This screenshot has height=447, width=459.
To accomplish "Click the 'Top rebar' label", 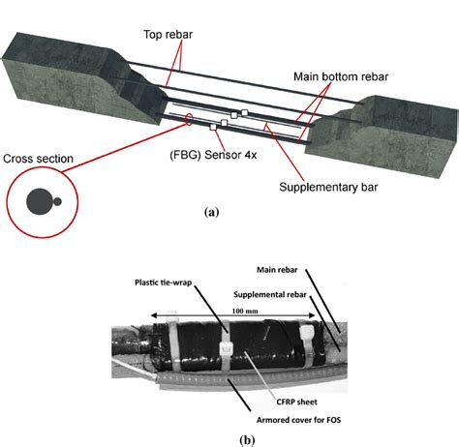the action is click(x=168, y=35).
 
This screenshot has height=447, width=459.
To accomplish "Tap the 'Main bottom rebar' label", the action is click(x=341, y=76).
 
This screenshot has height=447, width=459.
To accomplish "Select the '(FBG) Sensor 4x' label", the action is click(x=213, y=155).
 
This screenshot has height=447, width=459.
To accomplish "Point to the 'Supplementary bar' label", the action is click(x=328, y=187).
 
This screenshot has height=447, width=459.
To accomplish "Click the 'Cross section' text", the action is click(x=38, y=159).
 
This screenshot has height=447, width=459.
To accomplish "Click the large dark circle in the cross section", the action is click(x=40, y=201).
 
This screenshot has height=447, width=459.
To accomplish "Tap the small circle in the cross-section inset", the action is click(x=57, y=202).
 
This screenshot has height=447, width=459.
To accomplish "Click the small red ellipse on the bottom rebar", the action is click(x=189, y=119).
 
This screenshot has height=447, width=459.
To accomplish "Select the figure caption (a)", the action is click(x=212, y=212).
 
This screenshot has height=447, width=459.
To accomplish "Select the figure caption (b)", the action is click(x=248, y=440).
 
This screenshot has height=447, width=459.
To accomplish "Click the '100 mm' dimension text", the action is click(x=245, y=312).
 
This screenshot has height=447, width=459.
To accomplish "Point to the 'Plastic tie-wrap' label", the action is click(x=164, y=283).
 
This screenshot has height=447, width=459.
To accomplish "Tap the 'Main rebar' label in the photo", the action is click(x=277, y=270).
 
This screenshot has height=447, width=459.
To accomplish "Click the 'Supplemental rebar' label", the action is click(x=270, y=295).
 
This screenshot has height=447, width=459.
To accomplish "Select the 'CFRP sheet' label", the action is click(x=296, y=402).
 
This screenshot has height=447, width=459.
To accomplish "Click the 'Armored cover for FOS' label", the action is click(x=298, y=420).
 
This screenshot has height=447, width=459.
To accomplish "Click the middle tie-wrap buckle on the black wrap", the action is click(x=226, y=348).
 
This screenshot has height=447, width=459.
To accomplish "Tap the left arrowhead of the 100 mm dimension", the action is click(x=154, y=315).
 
